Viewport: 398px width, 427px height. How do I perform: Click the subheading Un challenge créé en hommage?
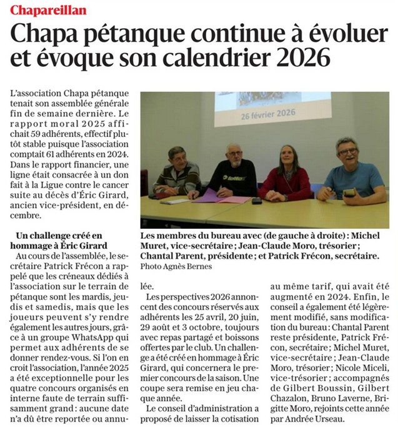pos(61,240)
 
